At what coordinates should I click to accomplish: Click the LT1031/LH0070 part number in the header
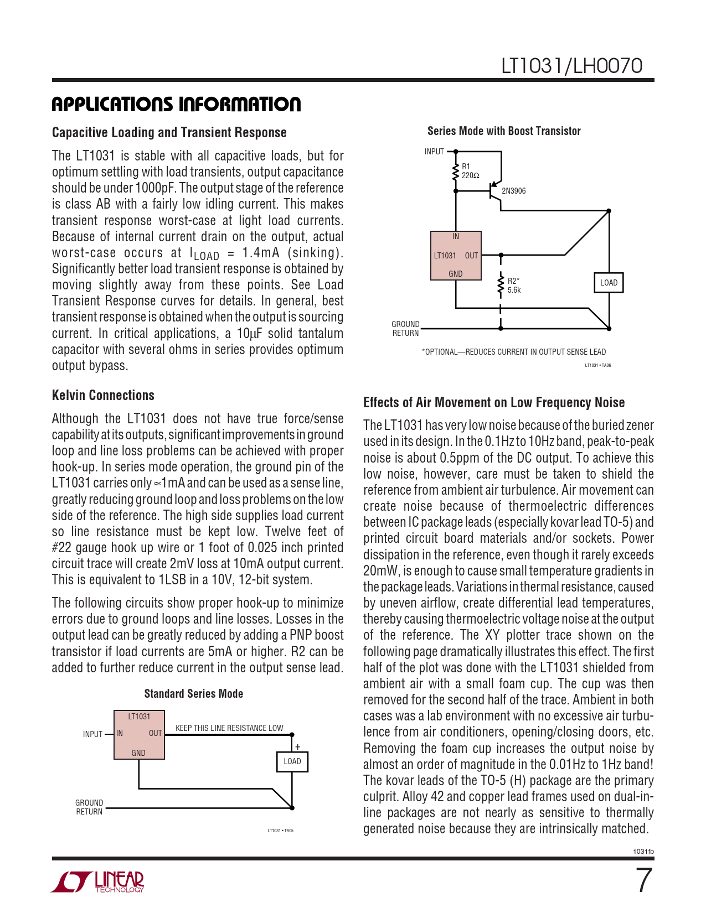pyautogui.click(x=571, y=66)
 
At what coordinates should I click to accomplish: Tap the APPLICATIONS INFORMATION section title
pyautogui.click(x=176, y=105)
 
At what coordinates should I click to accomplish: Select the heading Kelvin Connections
pyautogui.click(x=103, y=395)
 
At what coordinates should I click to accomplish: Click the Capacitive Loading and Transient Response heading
pyautogui.click(x=169, y=132)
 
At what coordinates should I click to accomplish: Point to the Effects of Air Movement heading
pyautogui.click(x=494, y=402)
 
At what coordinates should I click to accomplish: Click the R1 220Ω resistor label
pyautogui.click(x=470, y=171)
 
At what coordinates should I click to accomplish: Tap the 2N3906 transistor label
pyautogui.click(x=513, y=191)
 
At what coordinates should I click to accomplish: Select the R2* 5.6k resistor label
pyautogui.click(x=514, y=286)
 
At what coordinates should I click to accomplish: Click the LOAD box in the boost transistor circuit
pyautogui.click(x=609, y=283)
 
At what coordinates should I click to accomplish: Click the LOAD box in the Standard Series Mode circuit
pyautogui.click(x=292, y=761)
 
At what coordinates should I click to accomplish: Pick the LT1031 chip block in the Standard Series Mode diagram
pyautogui.click(x=139, y=735)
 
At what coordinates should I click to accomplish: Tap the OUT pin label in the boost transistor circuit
pyautogui.click(x=471, y=256)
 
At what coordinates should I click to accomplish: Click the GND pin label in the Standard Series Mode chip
pyautogui.click(x=138, y=753)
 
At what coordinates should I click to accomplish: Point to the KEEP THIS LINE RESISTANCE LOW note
pyautogui.click(x=229, y=728)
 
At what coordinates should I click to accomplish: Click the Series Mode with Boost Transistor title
pyautogui.click(x=504, y=131)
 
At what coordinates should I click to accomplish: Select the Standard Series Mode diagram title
pyautogui.click(x=193, y=694)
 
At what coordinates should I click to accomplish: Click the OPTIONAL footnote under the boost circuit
pyautogui.click(x=514, y=352)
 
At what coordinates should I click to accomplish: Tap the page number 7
pyautogui.click(x=643, y=881)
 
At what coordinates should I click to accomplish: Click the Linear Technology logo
pyautogui.click(x=98, y=881)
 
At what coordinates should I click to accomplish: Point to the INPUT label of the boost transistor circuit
pyautogui.click(x=434, y=152)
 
